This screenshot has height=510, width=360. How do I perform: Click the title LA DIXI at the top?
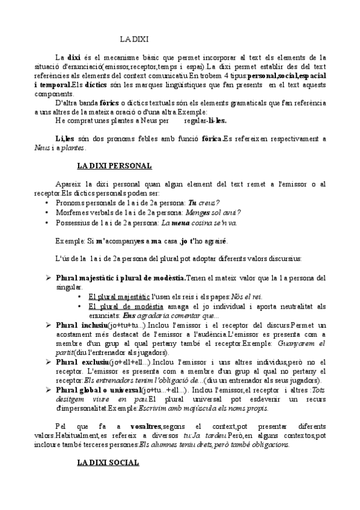pos(134,39)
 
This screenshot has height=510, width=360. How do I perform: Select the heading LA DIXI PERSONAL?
pos(114,165)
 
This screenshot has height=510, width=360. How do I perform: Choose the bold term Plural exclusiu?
pos(81,362)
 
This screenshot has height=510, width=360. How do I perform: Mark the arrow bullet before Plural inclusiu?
pos(49,325)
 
